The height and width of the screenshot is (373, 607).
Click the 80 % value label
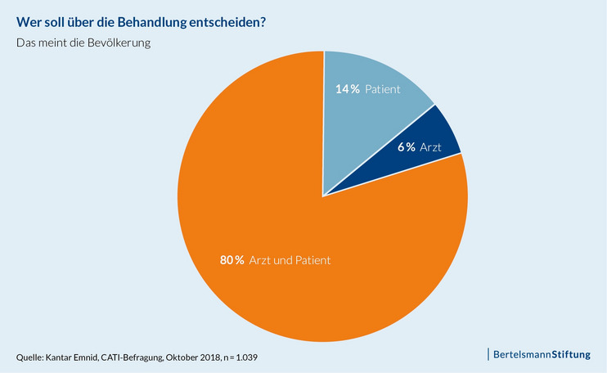point(232,260)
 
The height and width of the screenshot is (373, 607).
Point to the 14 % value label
point(348,88)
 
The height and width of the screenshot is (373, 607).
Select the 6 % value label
point(406,147)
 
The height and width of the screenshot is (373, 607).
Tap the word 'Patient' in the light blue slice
point(383,88)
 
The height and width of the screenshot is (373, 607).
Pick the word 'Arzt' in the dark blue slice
point(430,147)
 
